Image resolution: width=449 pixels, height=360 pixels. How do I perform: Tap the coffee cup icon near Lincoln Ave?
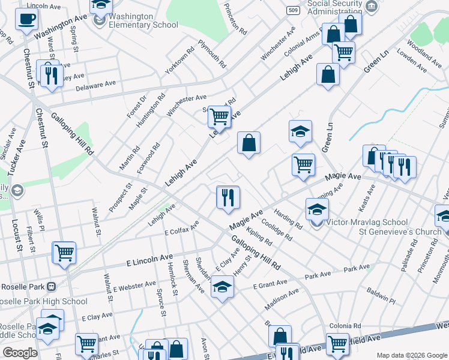click(26, 19)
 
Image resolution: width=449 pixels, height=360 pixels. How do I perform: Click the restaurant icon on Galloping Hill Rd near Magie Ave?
click(228, 198)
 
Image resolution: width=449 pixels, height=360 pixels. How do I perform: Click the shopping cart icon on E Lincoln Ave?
click(64, 253)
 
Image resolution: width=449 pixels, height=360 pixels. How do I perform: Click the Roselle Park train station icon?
click(52, 287)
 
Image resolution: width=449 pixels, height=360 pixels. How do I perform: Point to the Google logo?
click(20, 353)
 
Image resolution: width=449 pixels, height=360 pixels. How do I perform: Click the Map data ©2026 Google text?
click(411, 355)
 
